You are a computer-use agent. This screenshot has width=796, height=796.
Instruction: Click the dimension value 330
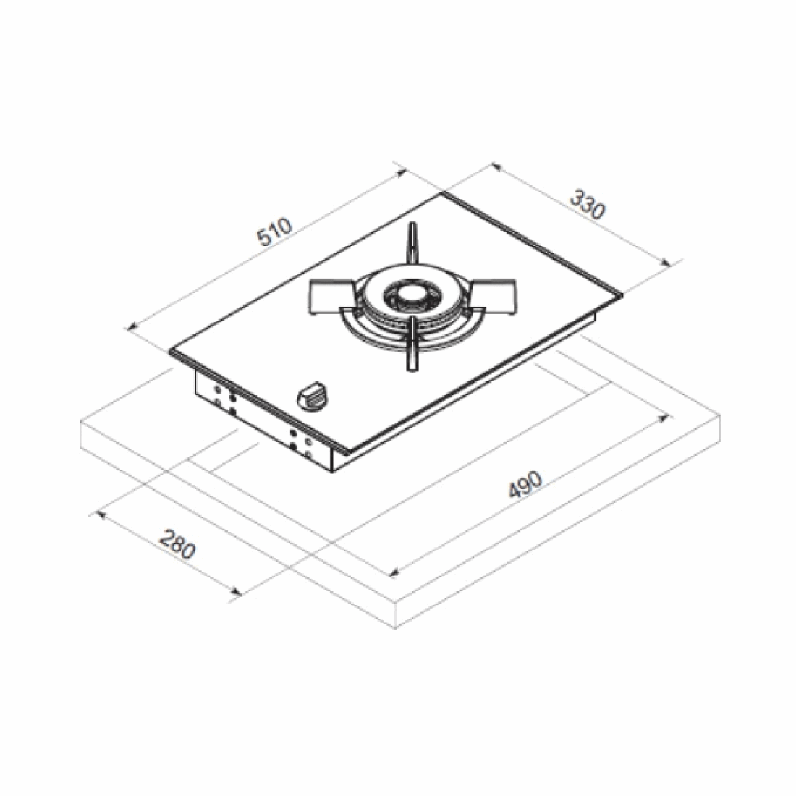point(586,204)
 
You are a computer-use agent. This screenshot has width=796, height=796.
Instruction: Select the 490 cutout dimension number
point(525,485)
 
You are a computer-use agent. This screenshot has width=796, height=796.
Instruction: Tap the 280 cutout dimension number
point(177,545)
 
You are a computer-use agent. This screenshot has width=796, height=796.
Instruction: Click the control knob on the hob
point(313,396)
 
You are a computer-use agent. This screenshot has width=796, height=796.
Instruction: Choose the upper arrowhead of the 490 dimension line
point(667,418)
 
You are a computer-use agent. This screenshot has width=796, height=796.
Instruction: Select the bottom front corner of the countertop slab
point(397,629)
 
